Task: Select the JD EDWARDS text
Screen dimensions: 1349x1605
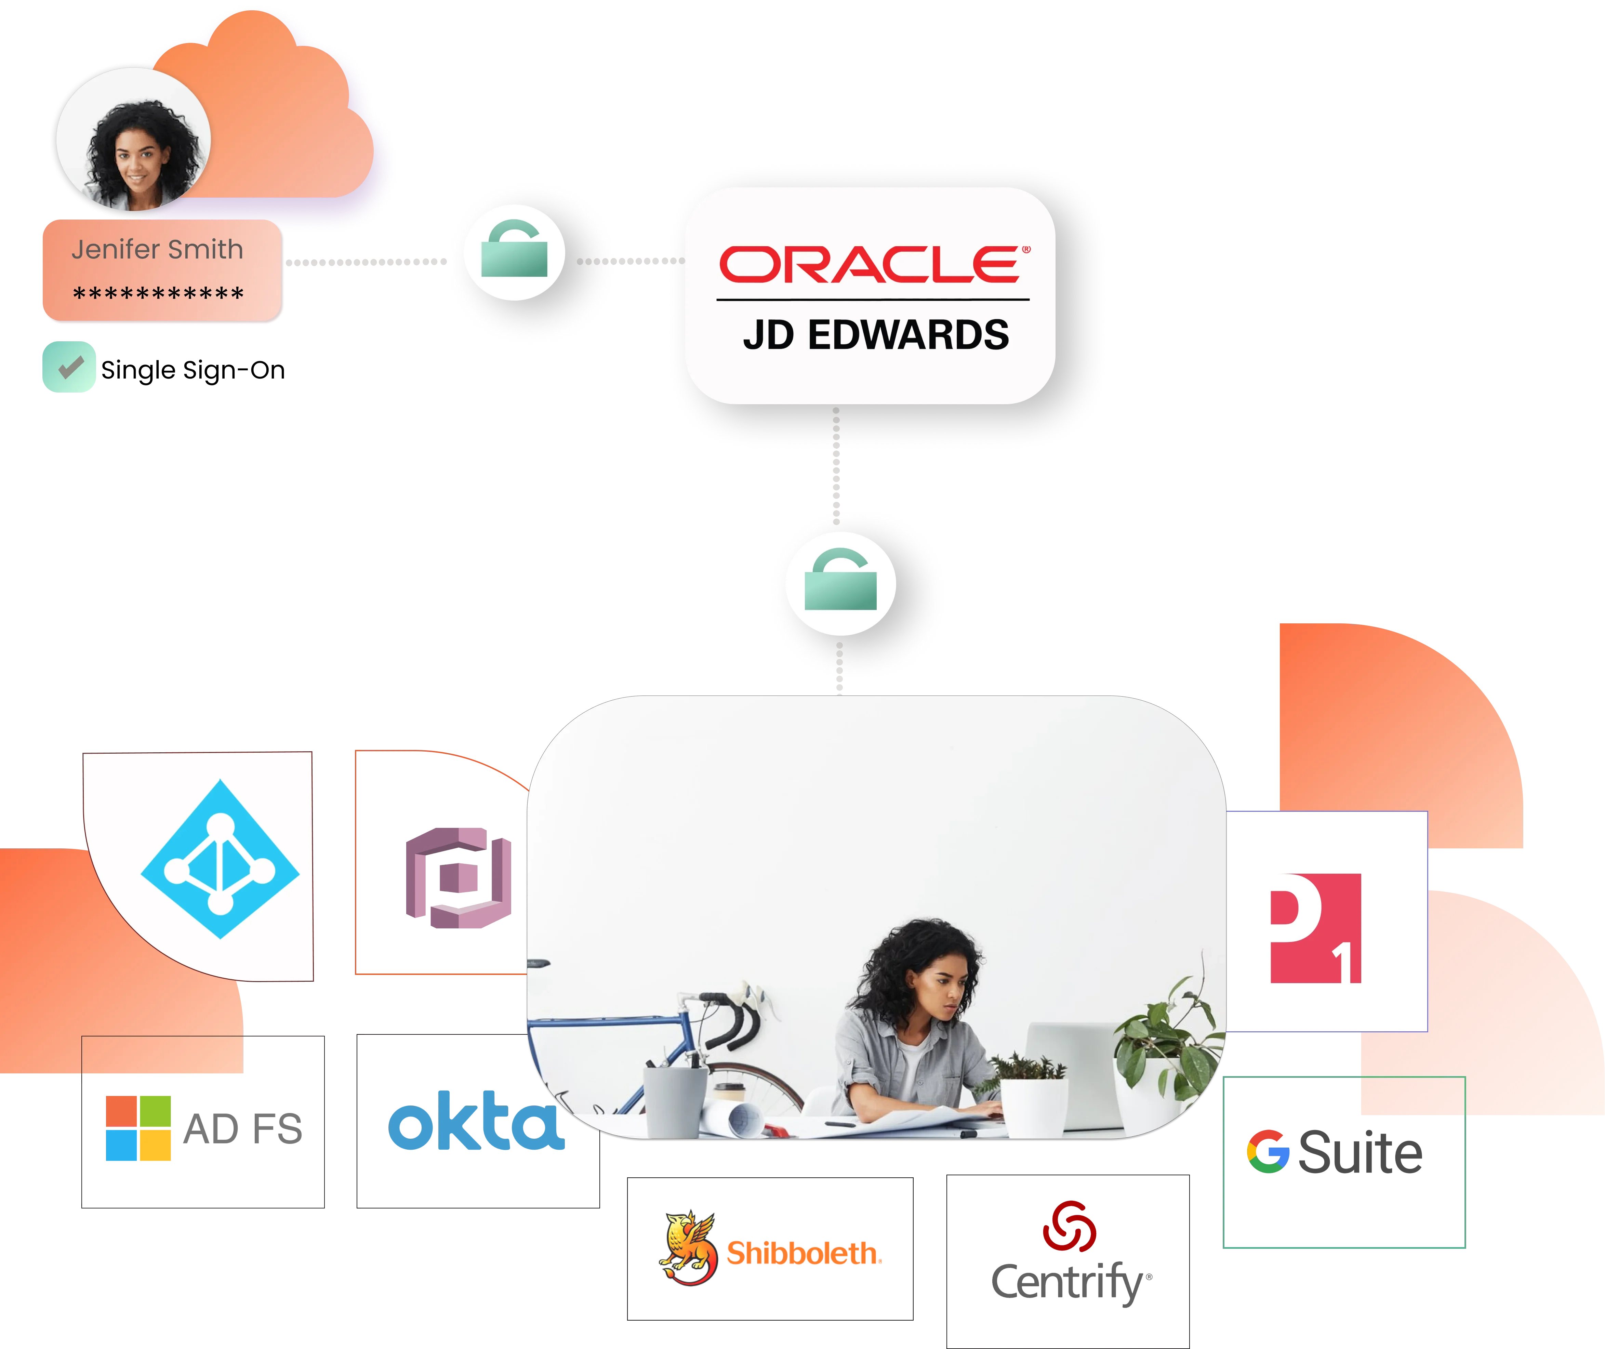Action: tap(876, 335)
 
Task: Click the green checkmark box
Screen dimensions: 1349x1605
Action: tap(70, 367)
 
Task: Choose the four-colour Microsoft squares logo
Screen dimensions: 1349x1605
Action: tap(138, 1128)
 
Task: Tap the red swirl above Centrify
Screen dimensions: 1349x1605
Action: tap(1069, 1226)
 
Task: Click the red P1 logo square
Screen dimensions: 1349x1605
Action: tap(1315, 928)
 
